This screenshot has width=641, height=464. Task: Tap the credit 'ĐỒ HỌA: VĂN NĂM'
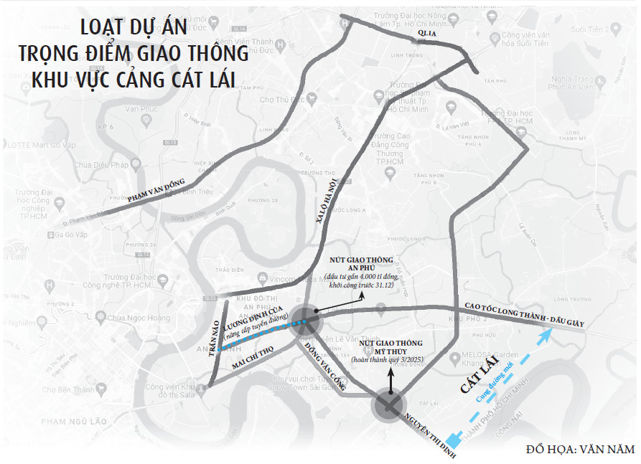pos(581,449)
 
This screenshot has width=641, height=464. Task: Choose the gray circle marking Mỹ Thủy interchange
pos(388,407)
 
